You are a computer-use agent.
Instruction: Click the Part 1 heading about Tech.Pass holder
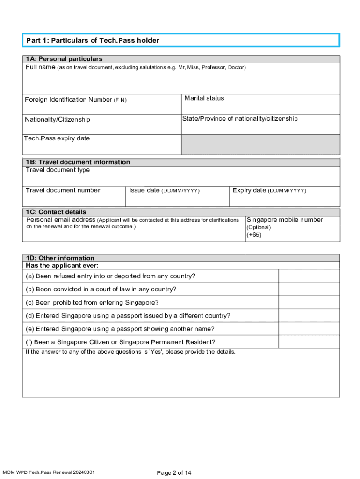click(x=93, y=41)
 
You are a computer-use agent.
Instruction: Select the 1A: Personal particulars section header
click(x=64, y=59)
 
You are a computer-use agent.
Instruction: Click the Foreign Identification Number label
click(x=75, y=100)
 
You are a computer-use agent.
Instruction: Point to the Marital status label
click(x=204, y=98)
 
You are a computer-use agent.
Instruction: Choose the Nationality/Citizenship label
click(x=58, y=120)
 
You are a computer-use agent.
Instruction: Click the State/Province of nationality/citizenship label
click(x=240, y=119)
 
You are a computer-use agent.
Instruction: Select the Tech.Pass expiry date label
click(x=57, y=138)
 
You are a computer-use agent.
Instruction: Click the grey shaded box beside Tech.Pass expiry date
click(x=260, y=145)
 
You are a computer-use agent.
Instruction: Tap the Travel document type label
click(x=58, y=170)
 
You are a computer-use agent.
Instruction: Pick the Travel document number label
click(x=63, y=190)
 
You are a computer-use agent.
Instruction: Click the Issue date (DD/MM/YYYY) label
click(x=165, y=190)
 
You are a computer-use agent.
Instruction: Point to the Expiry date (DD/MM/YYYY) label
click(x=269, y=190)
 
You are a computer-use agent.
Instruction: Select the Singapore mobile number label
click(x=285, y=220)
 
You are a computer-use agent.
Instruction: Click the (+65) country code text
click(x=254, y=235)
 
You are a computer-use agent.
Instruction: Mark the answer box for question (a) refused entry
click(x=309, y=276)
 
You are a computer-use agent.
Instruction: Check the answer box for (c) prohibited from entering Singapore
click(x=309, y=302)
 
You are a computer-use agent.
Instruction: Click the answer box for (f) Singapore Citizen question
click(x=309, y=342)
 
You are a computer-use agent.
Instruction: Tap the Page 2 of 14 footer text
click(x=174, y=473)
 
